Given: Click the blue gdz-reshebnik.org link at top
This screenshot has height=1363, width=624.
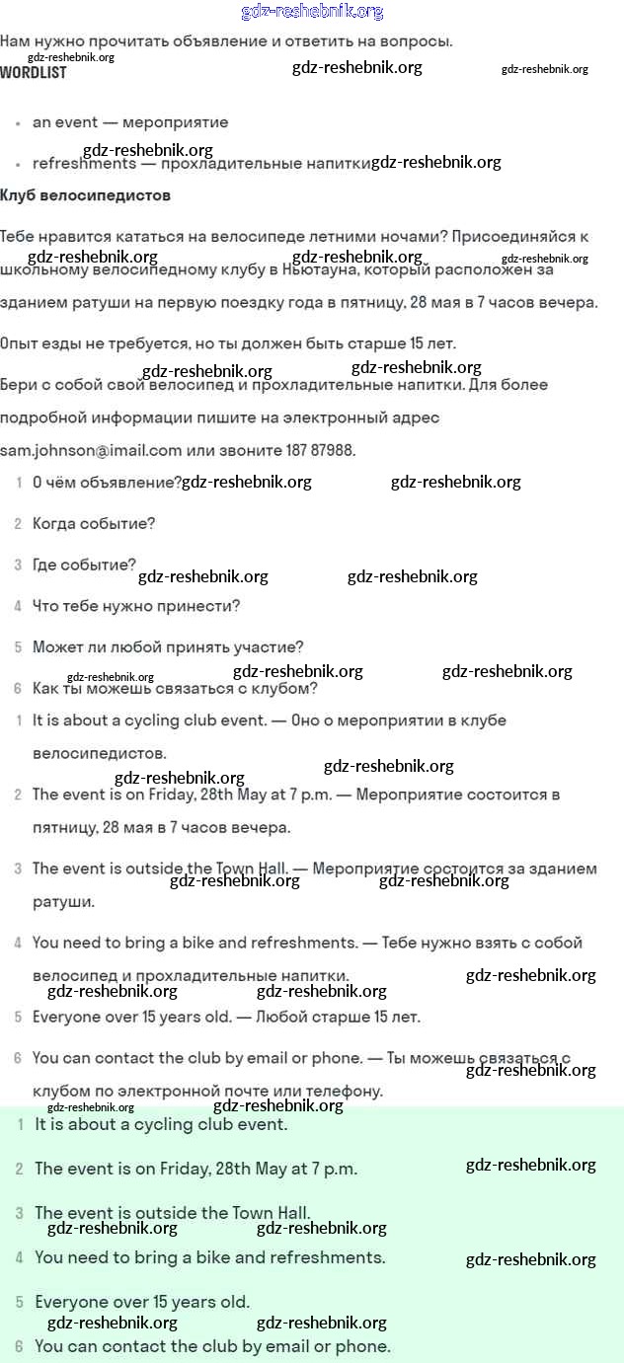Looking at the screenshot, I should [x=312, y=12].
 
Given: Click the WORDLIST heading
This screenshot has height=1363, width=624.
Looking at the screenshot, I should [x=34, y=73].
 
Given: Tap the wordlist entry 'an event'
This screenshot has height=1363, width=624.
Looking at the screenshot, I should [x=65, y=122].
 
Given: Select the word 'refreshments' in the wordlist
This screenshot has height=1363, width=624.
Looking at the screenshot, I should [x=84, y=164].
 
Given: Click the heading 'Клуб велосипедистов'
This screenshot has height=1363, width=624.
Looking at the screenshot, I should [x=86, y=195].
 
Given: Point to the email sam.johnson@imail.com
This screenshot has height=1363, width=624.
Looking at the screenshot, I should [x=92, y=450].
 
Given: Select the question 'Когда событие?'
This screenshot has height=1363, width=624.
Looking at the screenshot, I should [x=94, y=523].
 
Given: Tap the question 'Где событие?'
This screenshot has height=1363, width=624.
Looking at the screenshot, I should [x=84, y=565].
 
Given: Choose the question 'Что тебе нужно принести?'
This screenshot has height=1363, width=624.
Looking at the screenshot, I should [x=136, y=606].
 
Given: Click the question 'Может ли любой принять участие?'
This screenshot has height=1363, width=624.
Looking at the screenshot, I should [x=168, y=647].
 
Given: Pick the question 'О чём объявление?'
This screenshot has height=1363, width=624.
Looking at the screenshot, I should [x=107, y=483].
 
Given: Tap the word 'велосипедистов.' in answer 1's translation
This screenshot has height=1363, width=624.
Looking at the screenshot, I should [x=100, y=753].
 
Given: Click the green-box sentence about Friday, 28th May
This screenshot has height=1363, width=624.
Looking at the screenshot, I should [x=195, y=1169].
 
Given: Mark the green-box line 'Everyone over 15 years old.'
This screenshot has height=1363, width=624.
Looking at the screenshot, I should [x=142, y=1302].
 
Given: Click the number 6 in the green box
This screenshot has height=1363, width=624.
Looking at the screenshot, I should [x=19, y=1346].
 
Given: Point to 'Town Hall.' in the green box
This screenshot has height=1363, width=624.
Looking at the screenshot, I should [x=272, y=1213].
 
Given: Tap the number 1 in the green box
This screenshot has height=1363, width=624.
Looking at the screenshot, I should [x=20, y=1124].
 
